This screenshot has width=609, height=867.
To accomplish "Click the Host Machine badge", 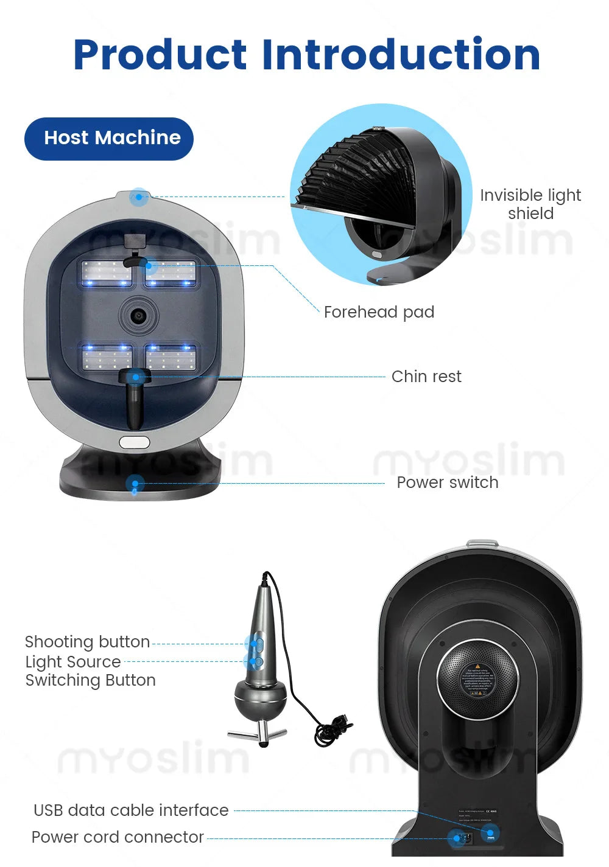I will tap(109, 138).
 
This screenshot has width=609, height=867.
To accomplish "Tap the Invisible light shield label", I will tap(530, 204).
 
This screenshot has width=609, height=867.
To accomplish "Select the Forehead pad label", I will tap(379, 312).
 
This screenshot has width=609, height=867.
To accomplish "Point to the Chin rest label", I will tap(426, 377).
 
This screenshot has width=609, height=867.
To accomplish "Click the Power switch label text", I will tap(447, 482).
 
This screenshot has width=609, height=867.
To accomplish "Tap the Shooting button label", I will tap(87, 642).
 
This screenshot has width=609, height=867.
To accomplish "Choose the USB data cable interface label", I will tap(131, 810).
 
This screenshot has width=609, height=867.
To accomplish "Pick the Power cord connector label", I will tap(118, 837).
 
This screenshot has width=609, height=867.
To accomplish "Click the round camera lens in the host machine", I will tap(139, 315).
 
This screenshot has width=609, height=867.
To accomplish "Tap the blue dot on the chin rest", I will tap(136, 377).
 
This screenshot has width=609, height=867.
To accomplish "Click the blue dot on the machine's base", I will tap(135, 484).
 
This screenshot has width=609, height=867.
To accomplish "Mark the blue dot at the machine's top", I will tap(139, 197).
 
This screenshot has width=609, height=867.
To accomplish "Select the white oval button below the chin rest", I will tap(135, 442).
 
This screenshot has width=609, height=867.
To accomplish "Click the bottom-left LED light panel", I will tap(107, 358).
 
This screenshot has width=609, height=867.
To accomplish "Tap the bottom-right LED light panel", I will tap(171, 358).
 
